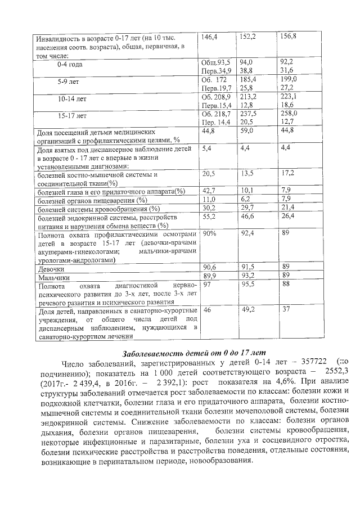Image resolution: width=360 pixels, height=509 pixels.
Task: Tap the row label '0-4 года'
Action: pos(69,65)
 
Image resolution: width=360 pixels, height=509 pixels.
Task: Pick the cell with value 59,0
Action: pos(247,131)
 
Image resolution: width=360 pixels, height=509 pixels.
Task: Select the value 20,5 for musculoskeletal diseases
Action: pos(209,174)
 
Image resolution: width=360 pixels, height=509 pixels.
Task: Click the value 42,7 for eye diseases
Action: pos(209,191)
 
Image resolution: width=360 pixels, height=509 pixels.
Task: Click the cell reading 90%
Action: pos(210,233)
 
